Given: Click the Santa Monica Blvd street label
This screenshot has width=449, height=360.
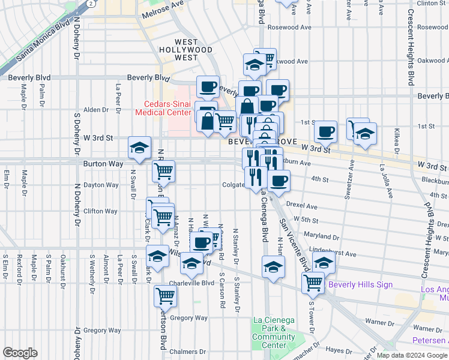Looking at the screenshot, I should [x=44, y=43].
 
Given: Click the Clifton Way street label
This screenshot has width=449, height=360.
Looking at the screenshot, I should [x=100, y=211].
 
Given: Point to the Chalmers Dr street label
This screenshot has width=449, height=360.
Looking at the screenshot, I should [x=187, y=352].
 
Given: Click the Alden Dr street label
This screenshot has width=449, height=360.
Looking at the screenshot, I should [x=95, y=110].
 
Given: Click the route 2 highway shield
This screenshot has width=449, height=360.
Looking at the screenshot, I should [x=90, y=4].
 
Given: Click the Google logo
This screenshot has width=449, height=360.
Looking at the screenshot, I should [x=20, y=353].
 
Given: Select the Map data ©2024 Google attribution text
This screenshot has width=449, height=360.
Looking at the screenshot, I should [x=411, y=355].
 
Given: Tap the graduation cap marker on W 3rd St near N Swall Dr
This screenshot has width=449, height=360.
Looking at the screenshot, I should [x=139, y=148].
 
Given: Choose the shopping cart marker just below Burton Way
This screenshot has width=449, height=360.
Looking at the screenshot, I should [x=163, y=171].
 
